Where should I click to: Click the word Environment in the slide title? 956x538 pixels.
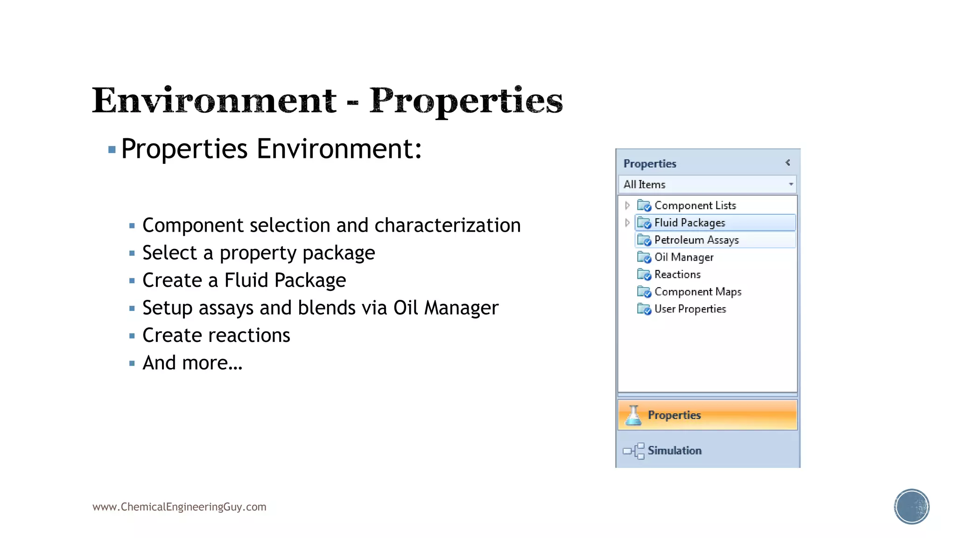[x=214, y=100]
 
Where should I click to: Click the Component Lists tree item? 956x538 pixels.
[x=695, y=205]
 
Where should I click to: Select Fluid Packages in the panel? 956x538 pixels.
[x=689, y=223]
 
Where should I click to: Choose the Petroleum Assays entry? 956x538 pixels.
[x=696, y=240]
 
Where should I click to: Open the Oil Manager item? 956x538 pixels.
[x=683, y=257]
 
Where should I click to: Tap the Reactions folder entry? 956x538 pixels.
[x=677, y=275]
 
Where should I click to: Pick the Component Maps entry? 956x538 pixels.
[x=697, y=292]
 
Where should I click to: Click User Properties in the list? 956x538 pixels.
[x=690, y=309]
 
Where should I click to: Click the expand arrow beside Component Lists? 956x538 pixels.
[x=627, y=205]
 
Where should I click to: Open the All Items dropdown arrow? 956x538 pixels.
[x=791, y=184]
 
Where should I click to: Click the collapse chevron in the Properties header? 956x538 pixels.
[x=787, y=163]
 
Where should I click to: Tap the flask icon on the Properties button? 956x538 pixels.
[x=633, y=415]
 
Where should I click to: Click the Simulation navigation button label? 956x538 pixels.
[x=675, y=451]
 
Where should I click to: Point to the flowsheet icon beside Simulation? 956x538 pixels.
[x=634, y=451]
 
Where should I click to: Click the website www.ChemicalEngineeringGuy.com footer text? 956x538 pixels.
[x=179, y=507]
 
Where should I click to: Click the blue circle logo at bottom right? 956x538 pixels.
[x=911, y=507]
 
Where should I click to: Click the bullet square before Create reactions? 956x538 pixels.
[x=132, y=336]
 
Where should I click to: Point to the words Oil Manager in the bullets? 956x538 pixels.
[x=446, y=308]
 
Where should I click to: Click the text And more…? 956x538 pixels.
[x=192, y=363]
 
